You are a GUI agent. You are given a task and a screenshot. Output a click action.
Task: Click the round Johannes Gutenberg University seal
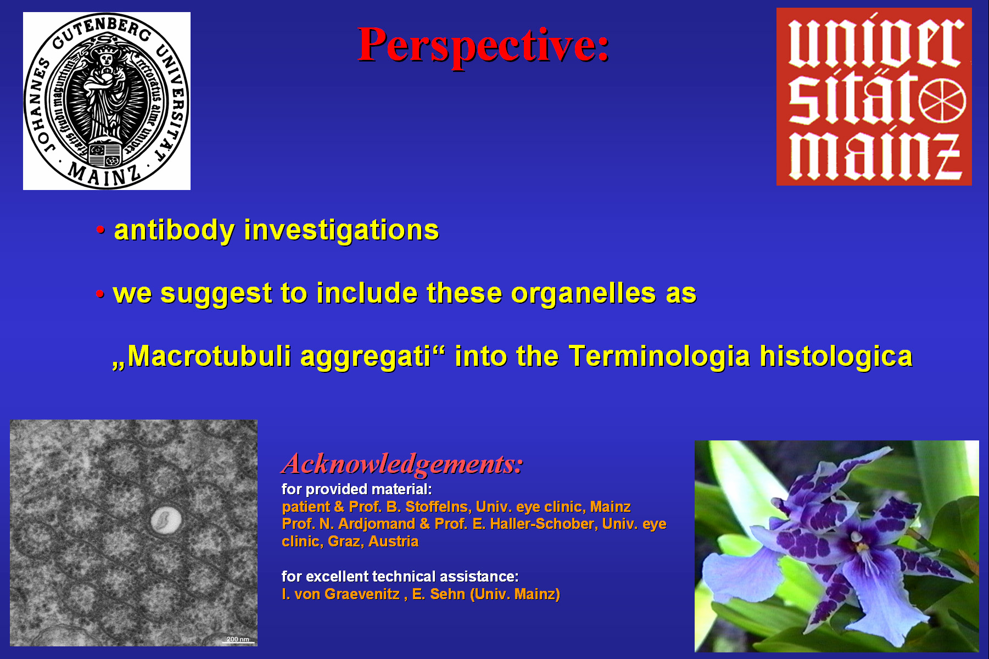[x=107, y=101]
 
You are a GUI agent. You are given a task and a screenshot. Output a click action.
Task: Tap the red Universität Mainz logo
[x=874, y=97]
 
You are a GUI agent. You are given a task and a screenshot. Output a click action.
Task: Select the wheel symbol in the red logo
[x=942, y=102]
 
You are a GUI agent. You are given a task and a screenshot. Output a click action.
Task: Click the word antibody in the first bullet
[x=174, y=231]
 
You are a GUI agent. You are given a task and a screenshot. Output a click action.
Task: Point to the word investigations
[x=342, y=230]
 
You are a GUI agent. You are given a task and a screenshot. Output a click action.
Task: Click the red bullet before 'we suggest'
[x=99, y=294]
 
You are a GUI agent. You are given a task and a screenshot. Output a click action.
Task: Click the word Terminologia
[x=659, y=357]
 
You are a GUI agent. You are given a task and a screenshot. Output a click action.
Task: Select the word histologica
[x=836, y=357]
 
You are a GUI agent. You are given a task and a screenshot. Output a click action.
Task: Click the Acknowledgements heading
[x=402, y=464]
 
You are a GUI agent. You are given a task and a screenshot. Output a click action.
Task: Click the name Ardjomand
[x=376, y=524]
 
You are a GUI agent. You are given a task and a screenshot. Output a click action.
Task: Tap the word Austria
[x=393, y=541]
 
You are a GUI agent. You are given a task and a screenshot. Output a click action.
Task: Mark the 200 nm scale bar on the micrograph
[x=238, y=642]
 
